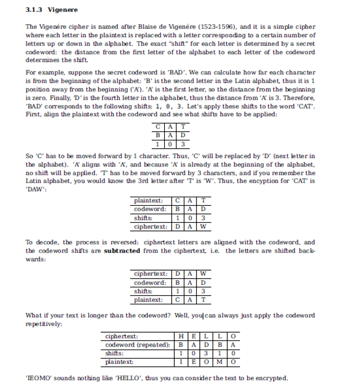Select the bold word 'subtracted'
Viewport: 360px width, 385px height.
(122, 250)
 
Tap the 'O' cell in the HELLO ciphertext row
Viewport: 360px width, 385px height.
(232, 337)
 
